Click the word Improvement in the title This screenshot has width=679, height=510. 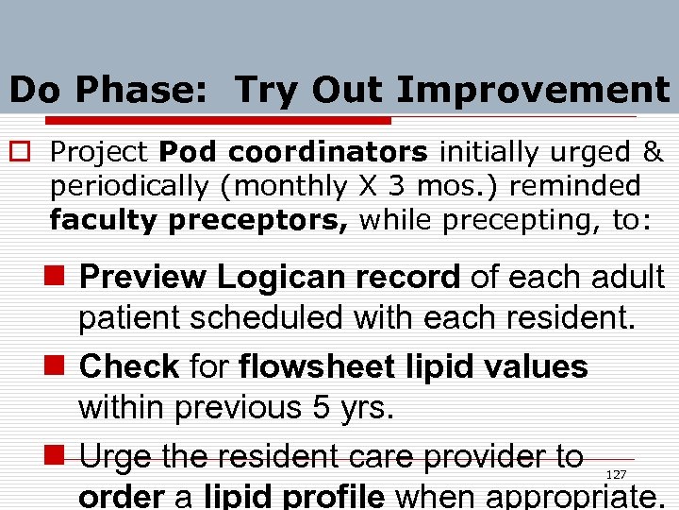pos(533,90)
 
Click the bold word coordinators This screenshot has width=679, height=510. pos(328,151)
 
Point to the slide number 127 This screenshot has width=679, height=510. pos(616,474)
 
